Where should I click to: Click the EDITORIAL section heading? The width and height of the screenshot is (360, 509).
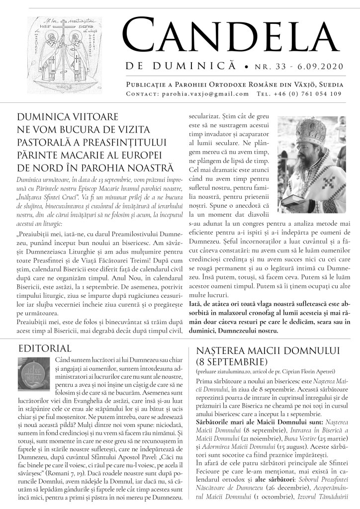click(44, 348)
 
